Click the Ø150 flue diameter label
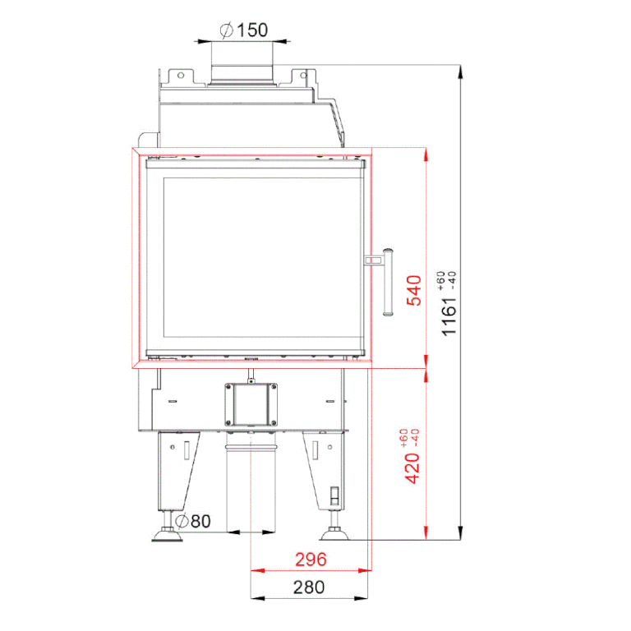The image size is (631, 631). click(x=244, y=30)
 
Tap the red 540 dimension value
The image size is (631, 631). click(x=414, y=291)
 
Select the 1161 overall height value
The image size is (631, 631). click(x=449, y=316)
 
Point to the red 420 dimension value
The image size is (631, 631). click(x=412, y=468)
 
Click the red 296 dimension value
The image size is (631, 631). click(x=311, y=560)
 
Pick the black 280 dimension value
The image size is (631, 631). click(x=309, y=587)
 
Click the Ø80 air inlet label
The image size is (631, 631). click(x=193, y=521)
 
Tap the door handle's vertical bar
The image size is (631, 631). click(x=388, y=282)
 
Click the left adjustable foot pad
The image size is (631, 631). click(x=167, y=536)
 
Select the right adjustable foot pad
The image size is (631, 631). click(x=334, y=534)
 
